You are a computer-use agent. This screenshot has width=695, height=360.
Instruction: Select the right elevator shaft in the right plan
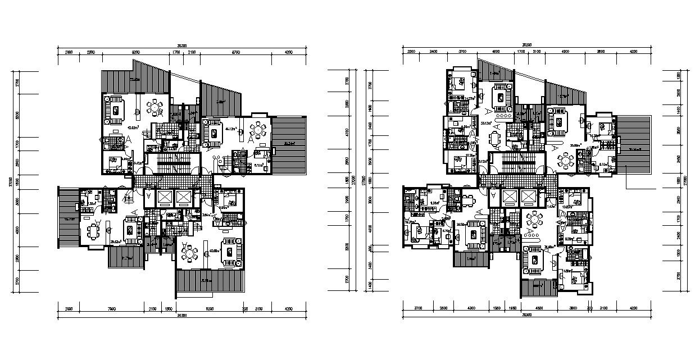(528, 197)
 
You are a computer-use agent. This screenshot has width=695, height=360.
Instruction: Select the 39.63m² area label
(116, 241)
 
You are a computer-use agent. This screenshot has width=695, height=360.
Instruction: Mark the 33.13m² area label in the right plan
(485, 122)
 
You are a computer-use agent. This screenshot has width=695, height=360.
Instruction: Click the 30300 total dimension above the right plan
(526, 44)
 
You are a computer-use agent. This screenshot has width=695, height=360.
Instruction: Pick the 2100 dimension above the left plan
(191, 52)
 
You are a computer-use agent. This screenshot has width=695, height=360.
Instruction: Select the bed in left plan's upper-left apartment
(115, 164)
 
